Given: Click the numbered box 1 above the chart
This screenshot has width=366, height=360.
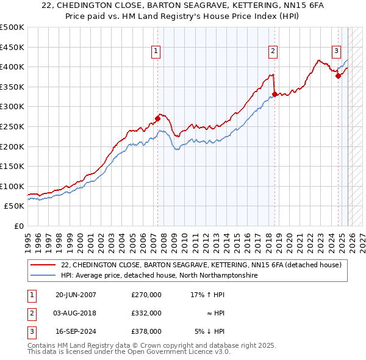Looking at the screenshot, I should tap(157, 51).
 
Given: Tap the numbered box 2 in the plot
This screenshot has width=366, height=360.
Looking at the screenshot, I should tap(273, 51).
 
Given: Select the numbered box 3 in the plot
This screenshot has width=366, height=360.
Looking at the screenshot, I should tap(336, 51).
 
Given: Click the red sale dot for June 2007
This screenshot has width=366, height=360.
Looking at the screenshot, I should tap(157, 119).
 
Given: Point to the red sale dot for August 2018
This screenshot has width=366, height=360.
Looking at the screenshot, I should tap(274, 94).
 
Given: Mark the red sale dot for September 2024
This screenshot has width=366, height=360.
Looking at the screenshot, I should tap(339, 76).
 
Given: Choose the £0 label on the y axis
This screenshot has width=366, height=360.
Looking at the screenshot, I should tap(18, 226).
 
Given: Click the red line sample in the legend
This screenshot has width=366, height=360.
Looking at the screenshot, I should tap(43, 265).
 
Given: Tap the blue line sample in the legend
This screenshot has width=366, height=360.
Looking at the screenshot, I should tap(43, 276).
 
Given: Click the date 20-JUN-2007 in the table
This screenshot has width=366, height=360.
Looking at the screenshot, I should tap(76, 295).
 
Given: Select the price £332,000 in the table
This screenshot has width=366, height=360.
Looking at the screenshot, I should tap(146, 313).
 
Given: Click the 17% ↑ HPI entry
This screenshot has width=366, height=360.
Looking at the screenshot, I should tap(207, 295).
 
